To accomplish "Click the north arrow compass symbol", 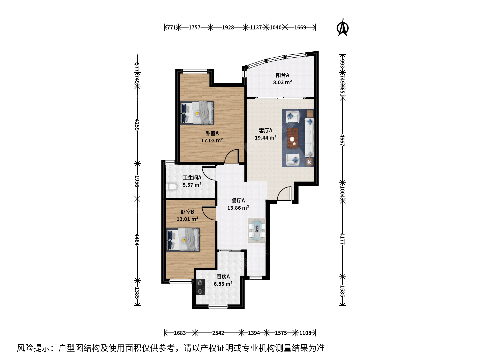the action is click(x=343, y=28).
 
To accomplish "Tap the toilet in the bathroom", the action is click(x=171, y=187).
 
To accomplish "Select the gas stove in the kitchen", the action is click(x=200, y=287).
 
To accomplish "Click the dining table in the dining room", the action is click(x=257, y=231).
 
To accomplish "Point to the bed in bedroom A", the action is click(x=197, y=113).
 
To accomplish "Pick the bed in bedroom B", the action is click(x=183, y=240).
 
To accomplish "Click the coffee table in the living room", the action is click(x=293, y=138).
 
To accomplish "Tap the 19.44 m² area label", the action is click(x=265, y=138).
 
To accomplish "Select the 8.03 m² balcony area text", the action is click(x=282, y=82).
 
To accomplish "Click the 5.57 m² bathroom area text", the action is click(x=192, y=185).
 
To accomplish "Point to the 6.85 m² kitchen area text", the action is click(x=223, y=284).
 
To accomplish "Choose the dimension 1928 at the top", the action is click(x=228, y=27).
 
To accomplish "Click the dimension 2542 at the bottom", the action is click(x=218, y=333).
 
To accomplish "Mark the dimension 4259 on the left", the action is click(x=137, y=125).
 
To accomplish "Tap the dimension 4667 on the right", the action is click(x=342, y=140).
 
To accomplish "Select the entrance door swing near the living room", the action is click(x=284, y=193).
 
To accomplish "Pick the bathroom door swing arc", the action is click(x=209, y=173).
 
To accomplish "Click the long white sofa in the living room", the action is click(x=309, y=138).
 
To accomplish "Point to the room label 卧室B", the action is click(x=187, y=212).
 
